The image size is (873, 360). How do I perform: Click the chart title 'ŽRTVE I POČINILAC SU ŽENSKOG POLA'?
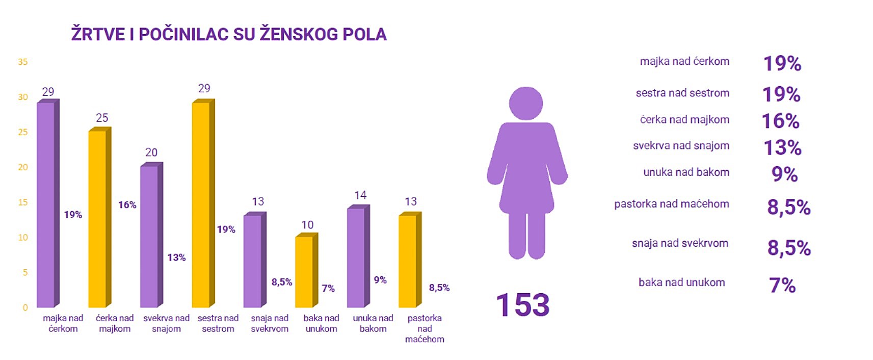pos(229,34)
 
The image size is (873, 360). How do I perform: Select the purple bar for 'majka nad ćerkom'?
pos(46,204)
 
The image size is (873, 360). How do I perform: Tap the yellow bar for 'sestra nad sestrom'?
pos(201,204)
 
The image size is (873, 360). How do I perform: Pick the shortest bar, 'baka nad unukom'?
pos(304,271)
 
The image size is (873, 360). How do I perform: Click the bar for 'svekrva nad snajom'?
pos(149,236)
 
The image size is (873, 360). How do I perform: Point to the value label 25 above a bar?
pos(102,118)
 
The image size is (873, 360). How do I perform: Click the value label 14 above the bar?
pos(360,195)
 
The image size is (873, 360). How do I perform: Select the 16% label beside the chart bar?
pos(127,205)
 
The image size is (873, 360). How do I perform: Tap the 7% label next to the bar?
pos(328,289)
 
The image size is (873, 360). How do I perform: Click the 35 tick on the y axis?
pos(23,62)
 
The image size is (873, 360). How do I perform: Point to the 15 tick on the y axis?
pos(23,202)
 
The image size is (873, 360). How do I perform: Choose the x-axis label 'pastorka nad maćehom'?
pos(425,328)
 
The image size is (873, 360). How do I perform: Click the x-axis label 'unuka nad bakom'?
pos(373,323)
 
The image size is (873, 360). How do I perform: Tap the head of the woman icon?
pos(526,104)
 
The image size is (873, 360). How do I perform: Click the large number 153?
pos(523,305)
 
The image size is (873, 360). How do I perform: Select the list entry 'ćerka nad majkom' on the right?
pos(684,120)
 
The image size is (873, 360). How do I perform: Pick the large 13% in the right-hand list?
pos(782,148)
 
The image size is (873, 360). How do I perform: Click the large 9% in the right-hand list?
pos(784,174)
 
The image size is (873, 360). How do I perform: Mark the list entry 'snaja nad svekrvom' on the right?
pos(680,243)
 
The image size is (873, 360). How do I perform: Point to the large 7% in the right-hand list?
pos(782,286)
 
